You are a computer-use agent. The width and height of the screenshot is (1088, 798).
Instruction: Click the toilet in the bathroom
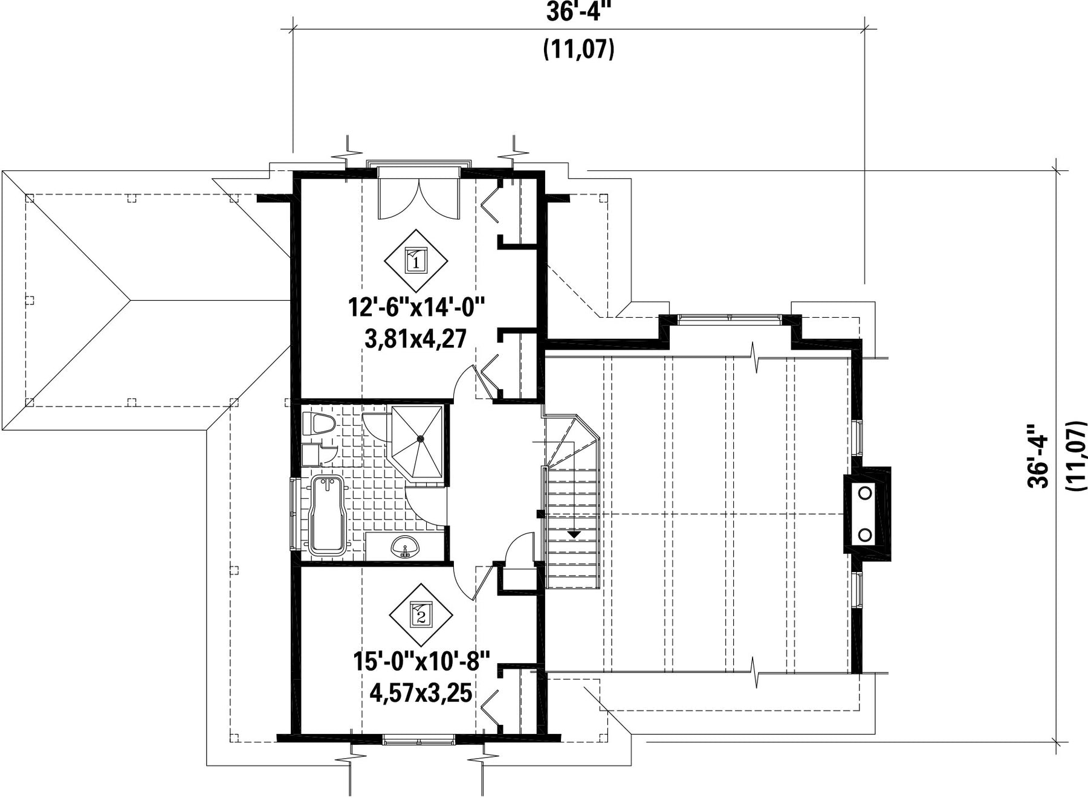(x=317, y=423)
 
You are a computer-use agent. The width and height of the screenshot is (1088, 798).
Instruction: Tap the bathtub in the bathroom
(x=326, y=515)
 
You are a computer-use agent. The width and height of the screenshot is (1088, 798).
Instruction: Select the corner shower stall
(x=417, y=442)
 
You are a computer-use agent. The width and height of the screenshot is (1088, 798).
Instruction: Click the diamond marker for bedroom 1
(x=416, y=260)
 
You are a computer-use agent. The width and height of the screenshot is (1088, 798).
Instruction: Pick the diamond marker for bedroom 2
(x=421, y=615)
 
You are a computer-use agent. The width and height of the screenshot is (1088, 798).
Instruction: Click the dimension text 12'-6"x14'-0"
(x=417, y=308)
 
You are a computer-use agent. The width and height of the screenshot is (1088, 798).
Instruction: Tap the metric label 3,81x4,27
(x=416, y=338)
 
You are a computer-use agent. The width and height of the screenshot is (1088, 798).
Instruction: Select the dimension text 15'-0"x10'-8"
(x=421, y=661)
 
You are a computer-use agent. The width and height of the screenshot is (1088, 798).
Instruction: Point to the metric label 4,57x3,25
(x=421, y=692)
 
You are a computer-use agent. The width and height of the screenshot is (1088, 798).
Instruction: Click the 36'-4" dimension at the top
(x=575, y=12)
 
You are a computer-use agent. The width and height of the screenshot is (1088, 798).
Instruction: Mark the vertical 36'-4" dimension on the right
(x=1038, y=454)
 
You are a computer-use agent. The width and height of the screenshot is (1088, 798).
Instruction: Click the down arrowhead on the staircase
(x=574, y=535)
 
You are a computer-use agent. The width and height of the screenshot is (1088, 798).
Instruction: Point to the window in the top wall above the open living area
(x=730, y=319)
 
